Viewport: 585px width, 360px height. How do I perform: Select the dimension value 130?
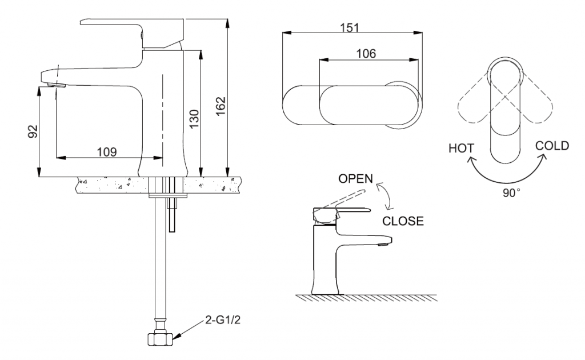coord(194,119)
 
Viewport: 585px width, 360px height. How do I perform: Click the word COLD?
coord(552,146)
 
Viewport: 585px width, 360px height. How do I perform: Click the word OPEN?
coord(355,179)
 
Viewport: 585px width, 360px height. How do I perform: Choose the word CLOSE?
coord(403,221)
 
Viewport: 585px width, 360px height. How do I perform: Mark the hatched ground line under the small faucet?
coord(366,298)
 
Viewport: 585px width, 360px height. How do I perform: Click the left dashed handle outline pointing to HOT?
coord(474,103)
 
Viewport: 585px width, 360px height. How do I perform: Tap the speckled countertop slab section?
coord(109,185)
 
